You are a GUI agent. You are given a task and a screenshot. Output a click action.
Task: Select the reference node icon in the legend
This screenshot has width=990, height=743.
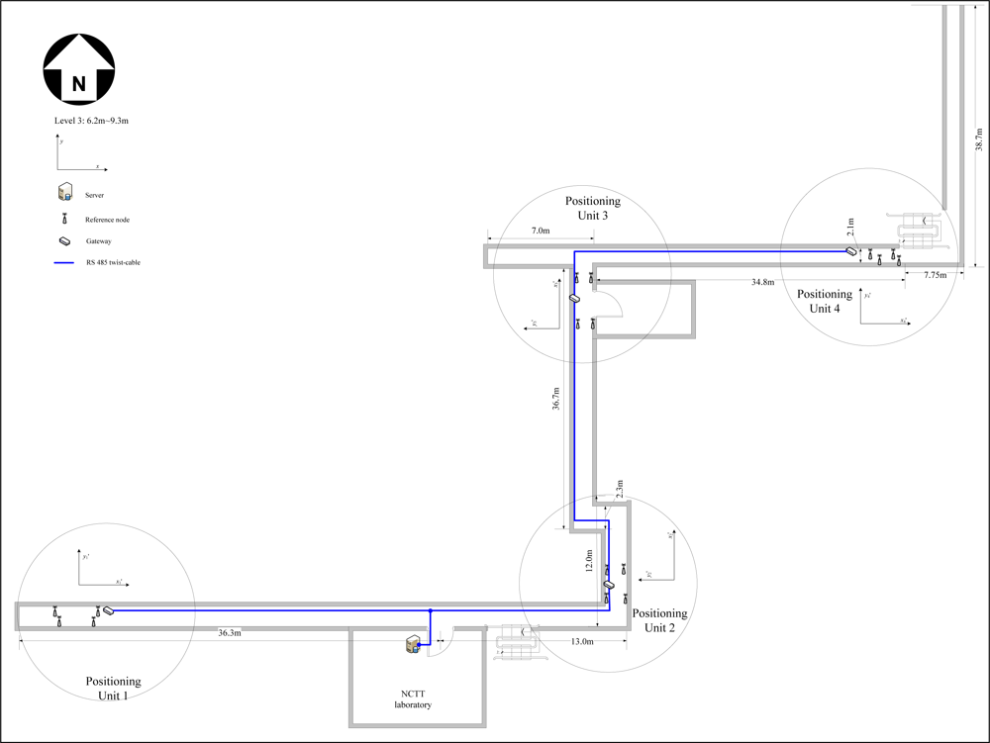point(64,219)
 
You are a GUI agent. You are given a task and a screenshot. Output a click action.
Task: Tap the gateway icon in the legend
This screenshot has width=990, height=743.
point(64,240)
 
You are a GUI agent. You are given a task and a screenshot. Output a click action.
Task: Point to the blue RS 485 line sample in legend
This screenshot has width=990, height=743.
point(65,262)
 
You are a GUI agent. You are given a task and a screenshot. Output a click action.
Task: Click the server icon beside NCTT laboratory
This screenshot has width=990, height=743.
point(410,645)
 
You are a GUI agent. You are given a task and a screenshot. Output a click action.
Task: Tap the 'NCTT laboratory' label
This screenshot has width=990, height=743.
point(407,698)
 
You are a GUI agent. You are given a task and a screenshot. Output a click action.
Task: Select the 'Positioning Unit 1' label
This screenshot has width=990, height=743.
point(113,688)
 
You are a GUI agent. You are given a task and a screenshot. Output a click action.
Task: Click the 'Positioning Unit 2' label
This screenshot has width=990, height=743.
point(659,620)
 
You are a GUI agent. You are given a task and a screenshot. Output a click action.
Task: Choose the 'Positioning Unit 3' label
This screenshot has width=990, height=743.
point(592,208)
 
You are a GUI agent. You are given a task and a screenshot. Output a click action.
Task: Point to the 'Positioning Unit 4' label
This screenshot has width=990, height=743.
point(825,301)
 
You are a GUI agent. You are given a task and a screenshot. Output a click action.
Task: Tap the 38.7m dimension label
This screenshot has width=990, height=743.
point(978,139)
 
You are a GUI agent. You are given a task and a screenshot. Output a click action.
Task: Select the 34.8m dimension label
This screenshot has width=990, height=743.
point(762,283)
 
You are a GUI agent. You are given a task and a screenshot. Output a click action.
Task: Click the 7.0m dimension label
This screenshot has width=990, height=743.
point(541,231)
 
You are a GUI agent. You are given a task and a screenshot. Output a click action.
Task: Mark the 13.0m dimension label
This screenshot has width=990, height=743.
point(582,641)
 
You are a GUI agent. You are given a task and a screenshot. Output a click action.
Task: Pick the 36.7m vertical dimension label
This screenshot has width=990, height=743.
point(555,405)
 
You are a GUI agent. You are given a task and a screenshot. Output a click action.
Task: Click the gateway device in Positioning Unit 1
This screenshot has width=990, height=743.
point(109,610)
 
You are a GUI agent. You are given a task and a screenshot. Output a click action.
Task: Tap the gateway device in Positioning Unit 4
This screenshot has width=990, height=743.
point(851,251)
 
